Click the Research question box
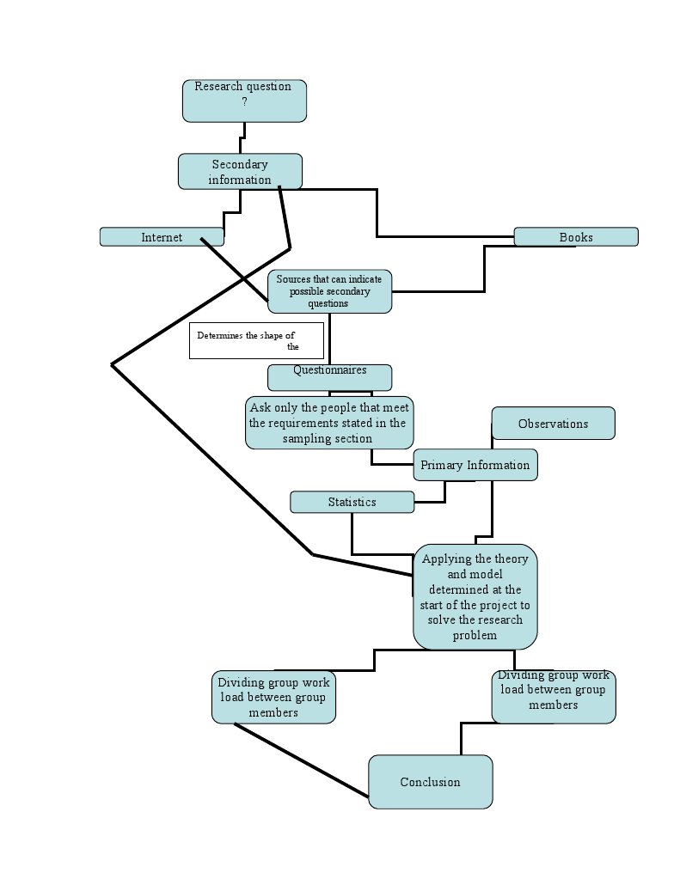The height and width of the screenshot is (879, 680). (x=244, y=101)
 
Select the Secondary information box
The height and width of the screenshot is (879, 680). (x=240, y=171)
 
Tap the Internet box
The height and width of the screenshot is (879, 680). (x=162, y=237)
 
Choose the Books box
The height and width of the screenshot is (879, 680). (x=576, y=237)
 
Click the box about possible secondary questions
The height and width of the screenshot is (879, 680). (x=330, y=291)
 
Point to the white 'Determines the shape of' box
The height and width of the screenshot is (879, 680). (x=256, y=340)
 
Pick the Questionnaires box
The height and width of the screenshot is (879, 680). (x=329, y=376)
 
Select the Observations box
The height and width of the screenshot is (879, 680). (x=553, y=424)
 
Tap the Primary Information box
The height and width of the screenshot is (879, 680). (x=475, y=465)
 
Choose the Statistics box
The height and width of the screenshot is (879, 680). (x=352, y=502)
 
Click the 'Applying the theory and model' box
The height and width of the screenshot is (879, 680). (x=475, y=597)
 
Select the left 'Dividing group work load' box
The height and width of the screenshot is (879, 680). (x=273, y=697)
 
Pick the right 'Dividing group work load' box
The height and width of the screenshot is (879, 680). (x=554, y=696)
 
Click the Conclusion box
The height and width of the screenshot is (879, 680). (x=430, y=782)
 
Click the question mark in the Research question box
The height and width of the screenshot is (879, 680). (x=244, y=101)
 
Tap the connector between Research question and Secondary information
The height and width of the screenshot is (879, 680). (x=243, y=137)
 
